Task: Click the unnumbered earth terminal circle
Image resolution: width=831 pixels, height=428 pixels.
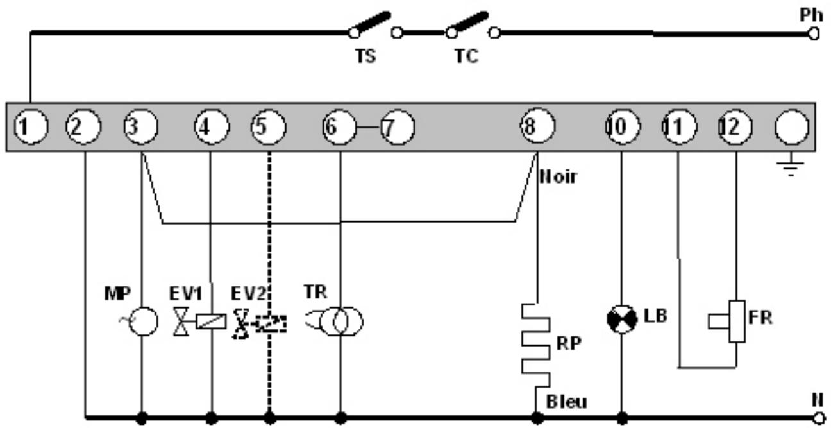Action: (x=792, y=126)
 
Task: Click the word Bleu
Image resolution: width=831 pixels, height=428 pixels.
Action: (x=566, y=402)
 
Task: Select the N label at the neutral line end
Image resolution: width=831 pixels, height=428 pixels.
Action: (x=816, y=400)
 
